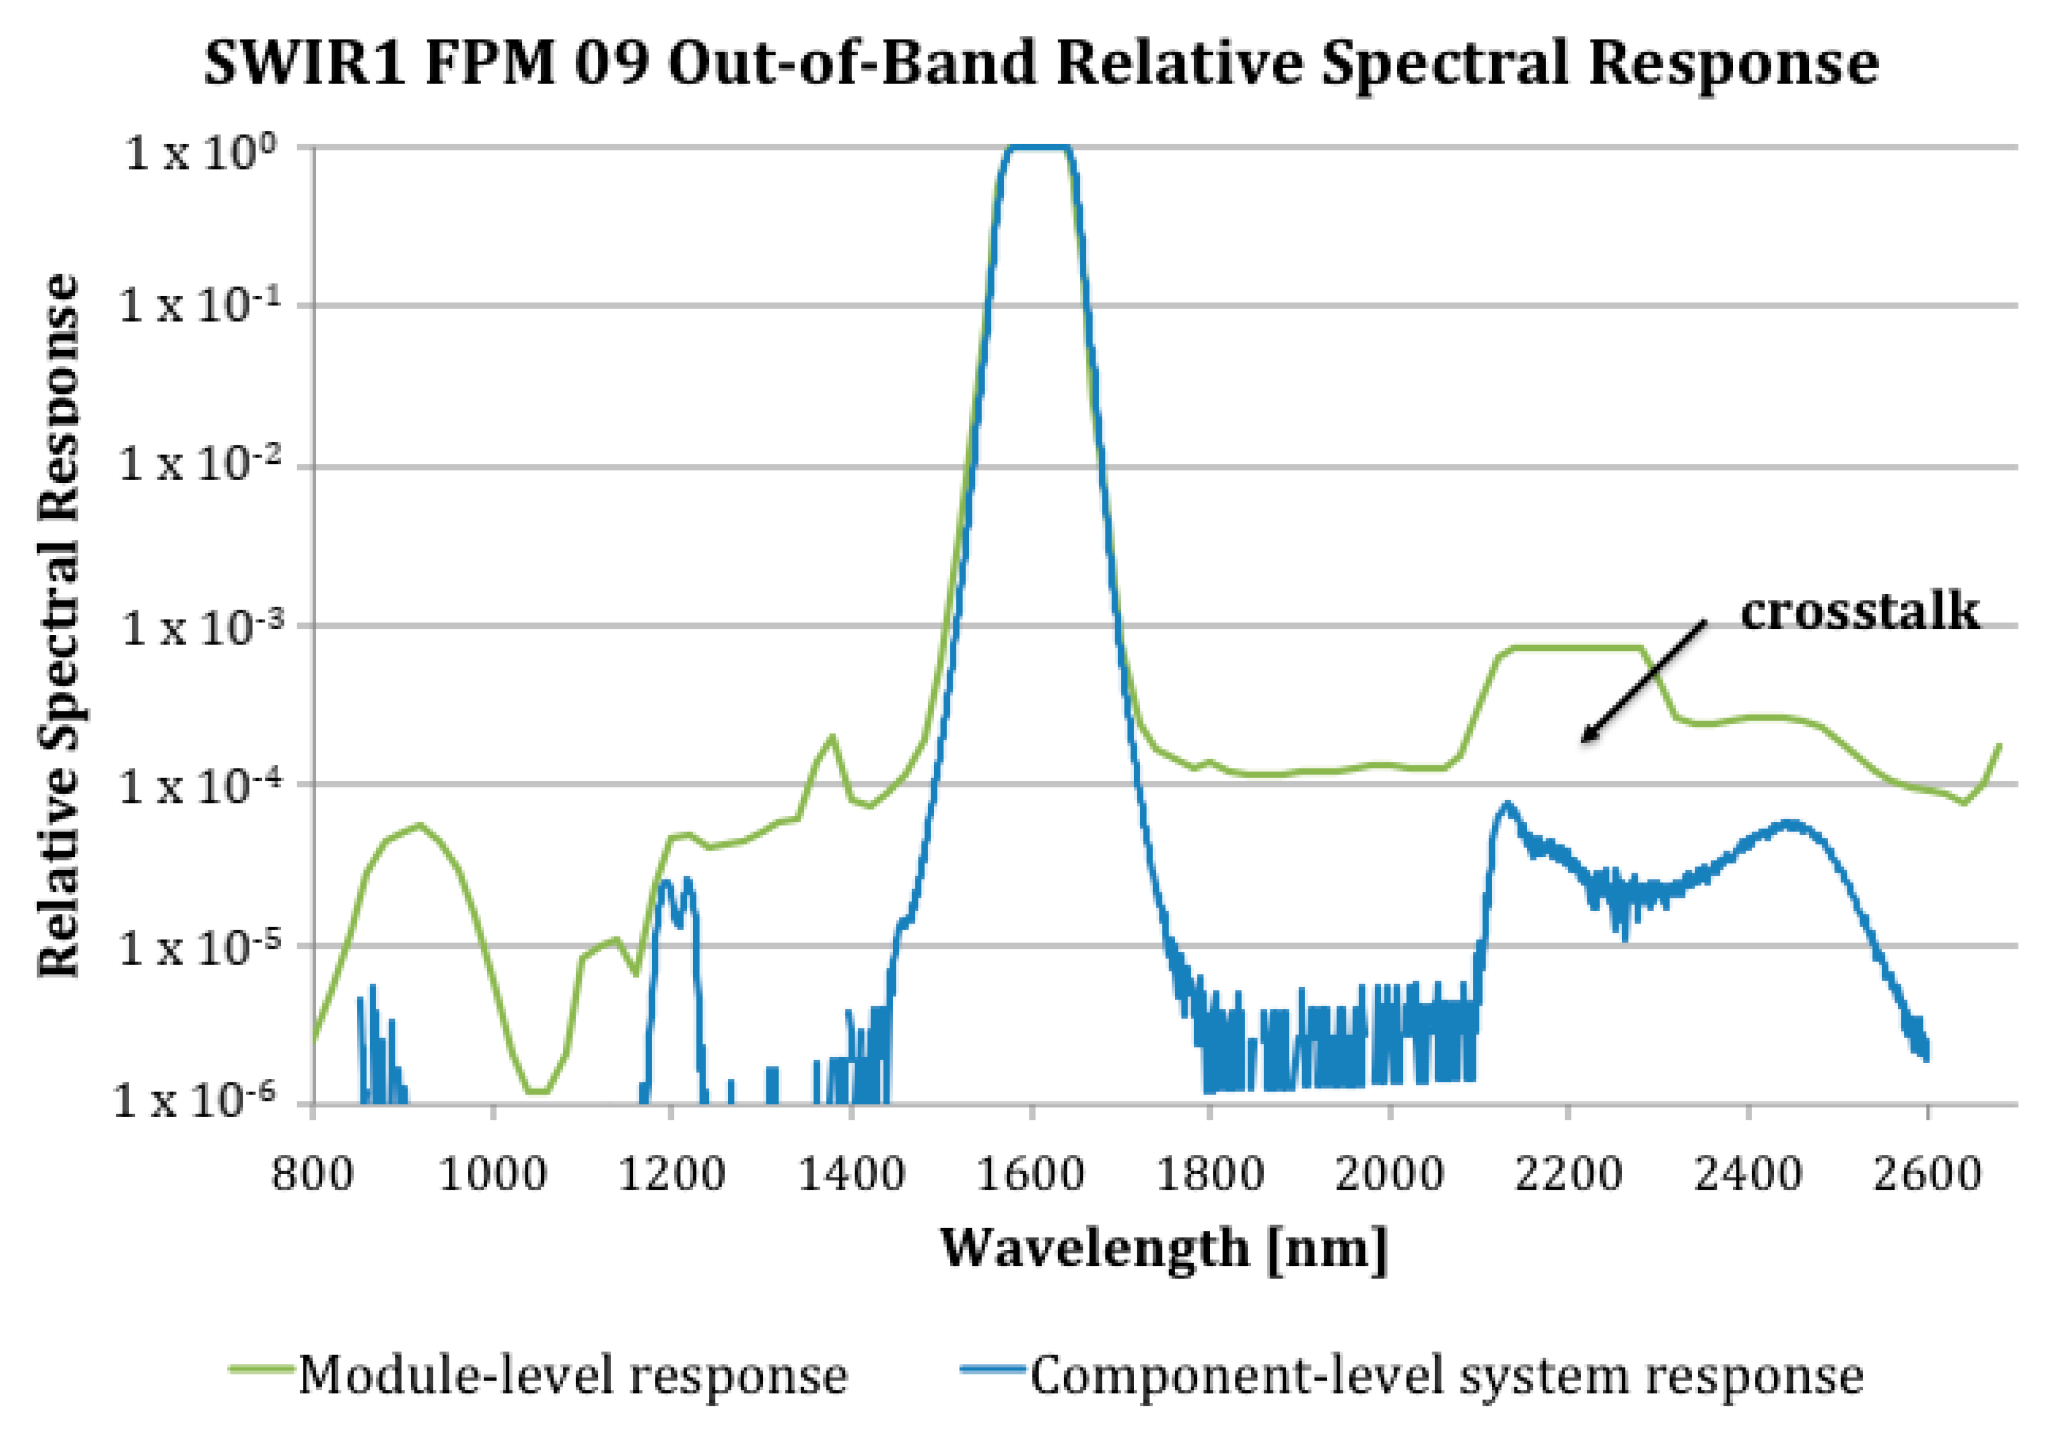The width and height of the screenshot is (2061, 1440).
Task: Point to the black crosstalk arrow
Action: (1642, 682)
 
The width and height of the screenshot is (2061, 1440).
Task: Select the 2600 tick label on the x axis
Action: (1926, 1174)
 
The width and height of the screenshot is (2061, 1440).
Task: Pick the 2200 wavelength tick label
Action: (1568, 1174)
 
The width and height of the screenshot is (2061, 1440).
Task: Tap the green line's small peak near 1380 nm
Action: (832, 738)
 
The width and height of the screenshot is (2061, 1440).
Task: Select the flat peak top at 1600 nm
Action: (1037, 147)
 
